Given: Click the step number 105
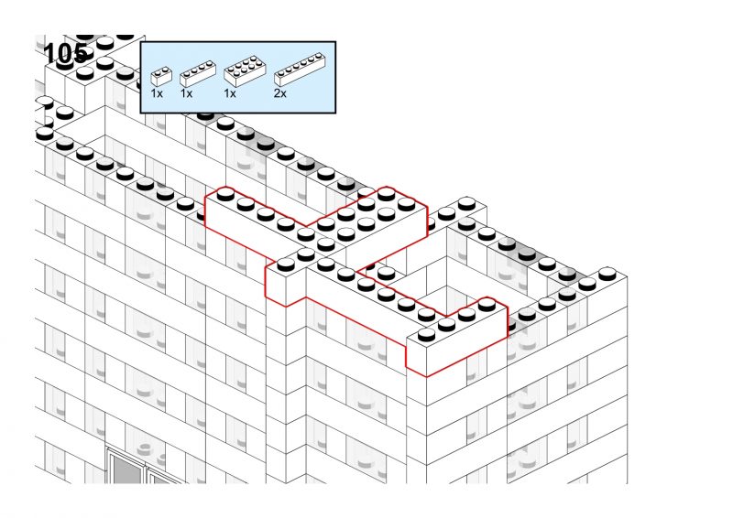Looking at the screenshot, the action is pyautogui.click(x=65, y=54).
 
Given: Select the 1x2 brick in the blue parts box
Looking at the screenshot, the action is pyautogui.click(x=161, y=76).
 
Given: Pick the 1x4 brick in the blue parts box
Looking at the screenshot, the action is pyautogui.click(x=198, y=73).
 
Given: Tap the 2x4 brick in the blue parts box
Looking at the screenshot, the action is pyautogui.click(x=245, y=71).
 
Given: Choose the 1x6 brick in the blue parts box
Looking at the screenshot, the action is pyautogui.click(x=300, y=70).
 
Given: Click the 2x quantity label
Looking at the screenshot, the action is pyautogui.click(x=280, y=93).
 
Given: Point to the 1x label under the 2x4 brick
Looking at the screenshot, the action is pyautogui.click(x=230, y=93).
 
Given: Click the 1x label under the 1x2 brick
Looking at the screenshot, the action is pyautogui.click(x=157, y=93).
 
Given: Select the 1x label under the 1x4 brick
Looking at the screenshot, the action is pyautogui.click(x=186, y=93).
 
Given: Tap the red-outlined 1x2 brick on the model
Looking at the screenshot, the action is pyautogui.click(x=286, y=279).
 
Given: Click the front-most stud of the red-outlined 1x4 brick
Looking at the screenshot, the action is pyautogui.click(x=426, y=334).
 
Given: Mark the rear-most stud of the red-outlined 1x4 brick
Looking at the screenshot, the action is pyautogui.click(x=487, y=305).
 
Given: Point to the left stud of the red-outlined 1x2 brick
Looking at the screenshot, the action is pyautogui.click(x=286, y=264).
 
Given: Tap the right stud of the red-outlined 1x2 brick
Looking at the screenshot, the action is pyautogui.click(x=306, y=254).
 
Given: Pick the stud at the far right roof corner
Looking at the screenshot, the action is pyautogui.click(x=607, y=274).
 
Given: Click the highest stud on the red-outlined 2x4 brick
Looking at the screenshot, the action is pyautogui.click(x=387, y=193).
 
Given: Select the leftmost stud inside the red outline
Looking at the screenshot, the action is pyautogui.click(x=225, y=194).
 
